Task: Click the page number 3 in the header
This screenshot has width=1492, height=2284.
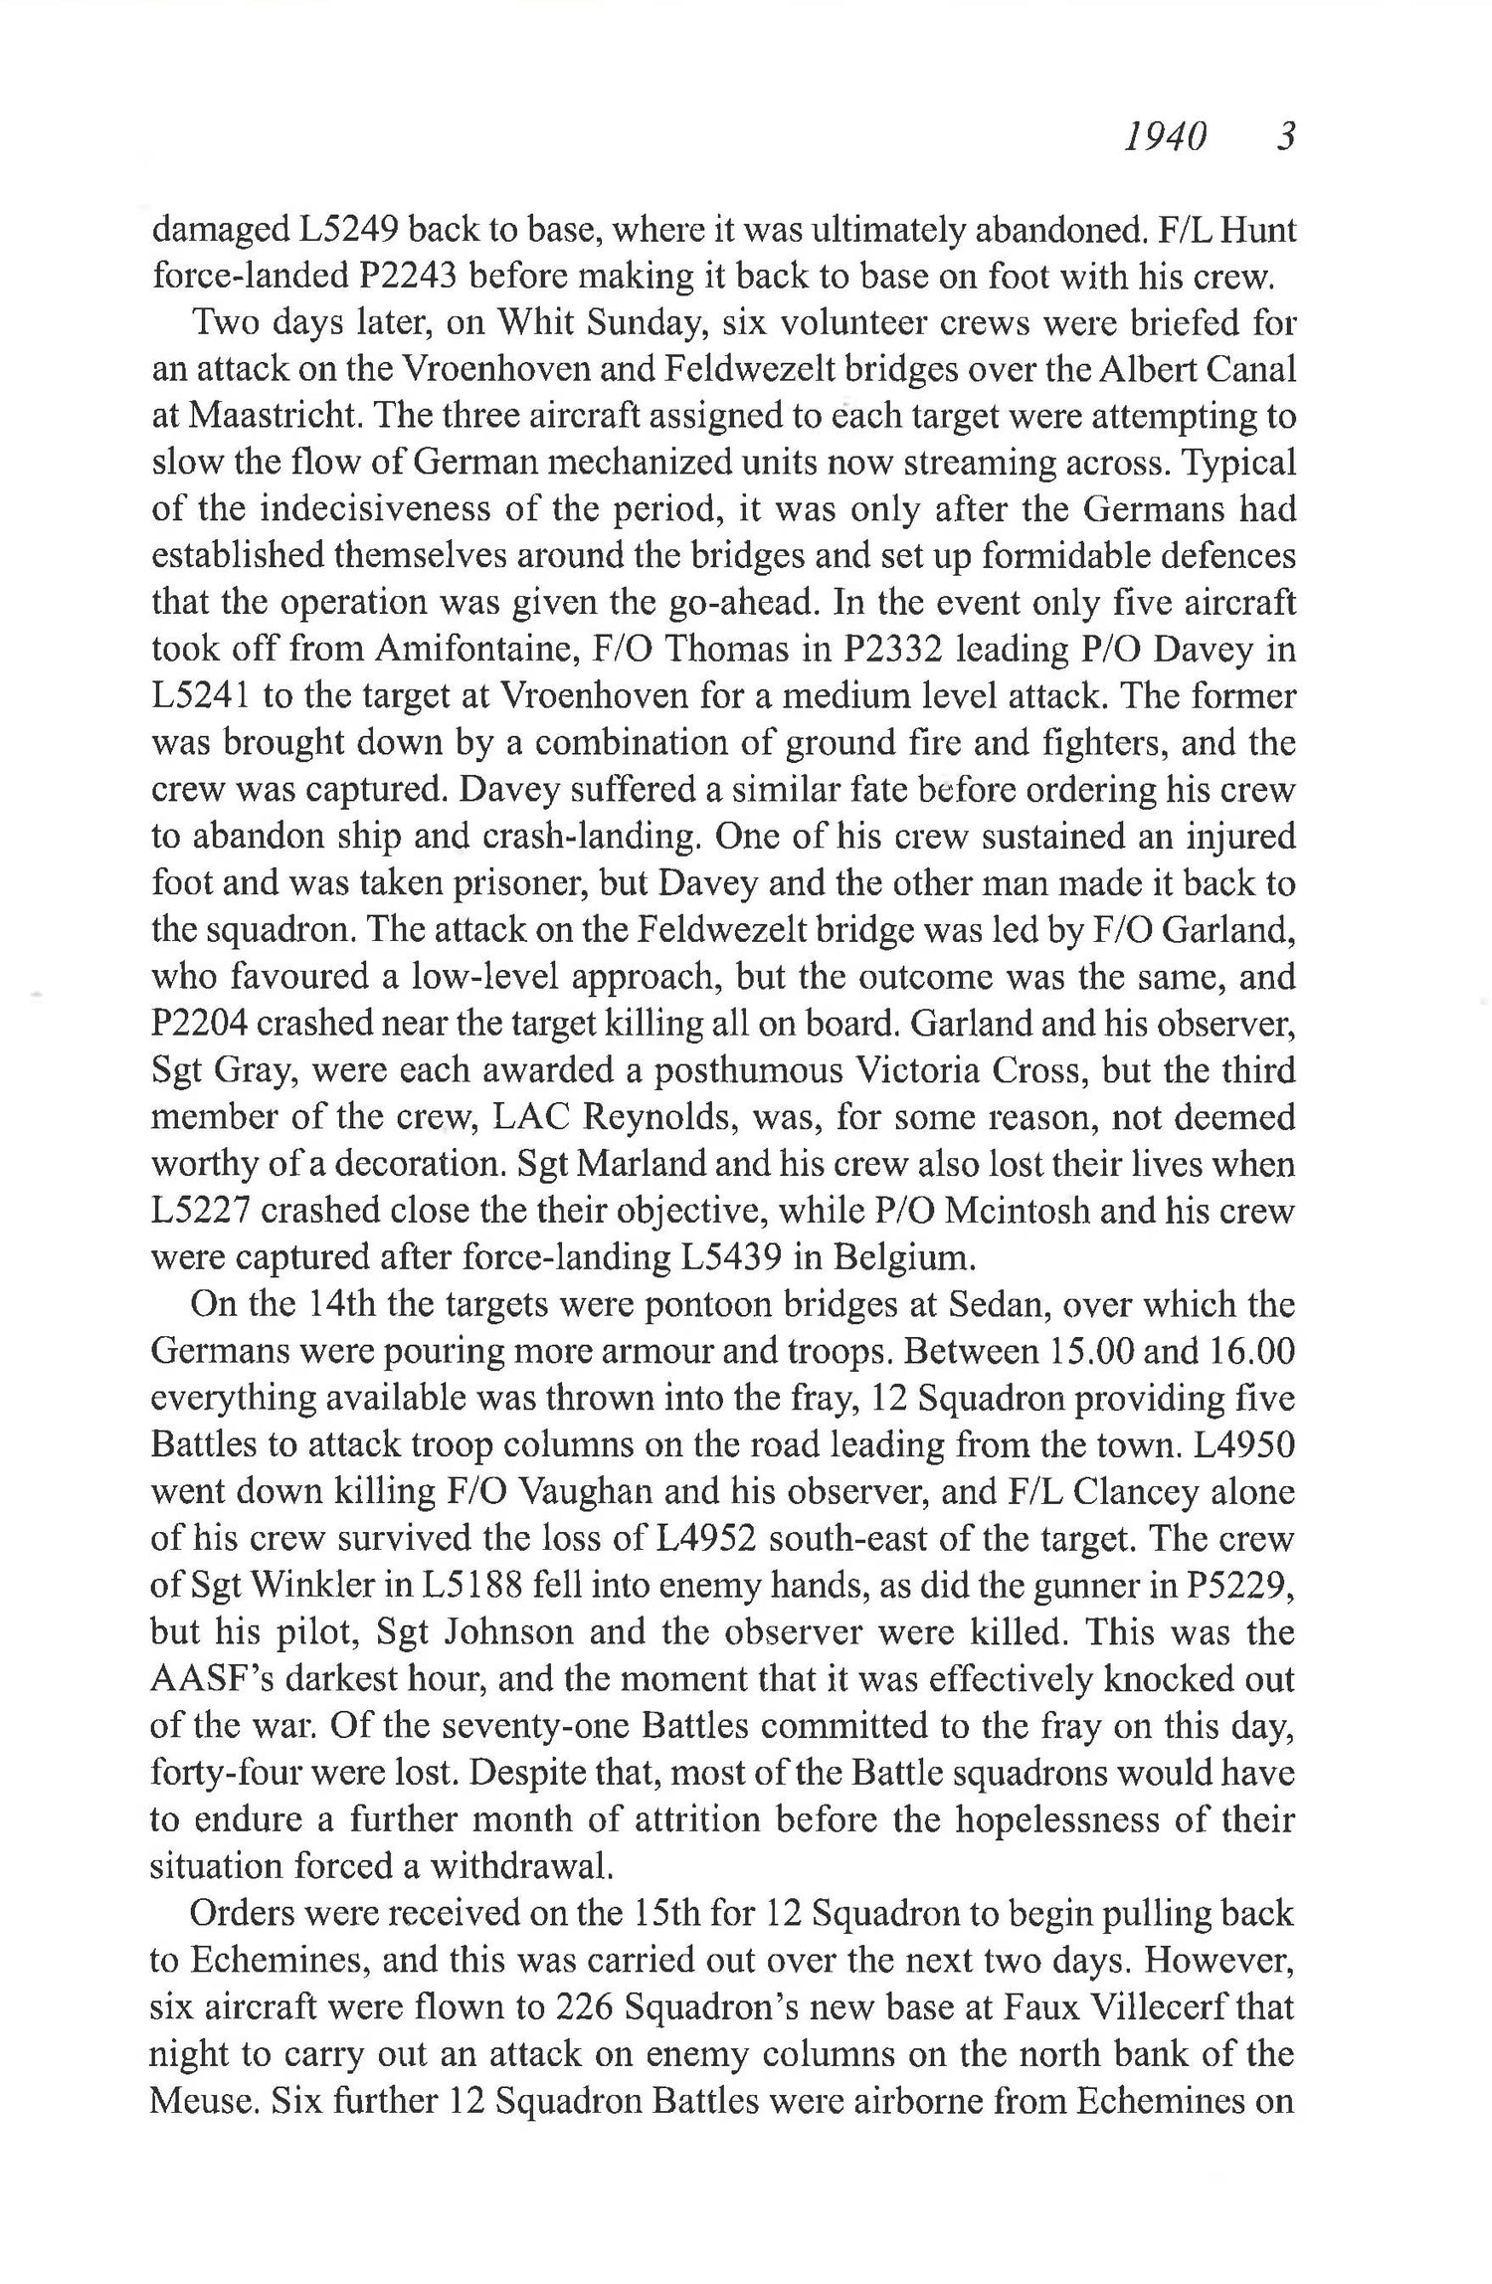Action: pos(1284,136)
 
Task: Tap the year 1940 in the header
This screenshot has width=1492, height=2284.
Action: pos(1165,136)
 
